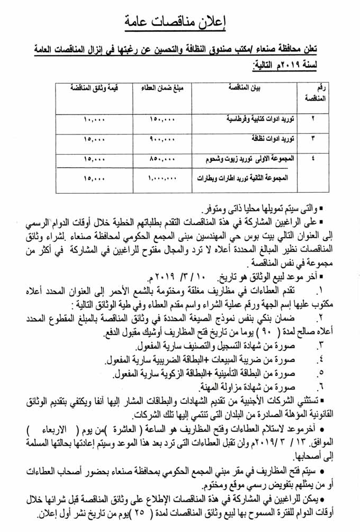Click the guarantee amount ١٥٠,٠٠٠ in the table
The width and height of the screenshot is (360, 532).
161,120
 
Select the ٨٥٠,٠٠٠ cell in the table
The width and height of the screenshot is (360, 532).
161,158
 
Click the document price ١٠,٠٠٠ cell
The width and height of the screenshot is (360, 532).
95,120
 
